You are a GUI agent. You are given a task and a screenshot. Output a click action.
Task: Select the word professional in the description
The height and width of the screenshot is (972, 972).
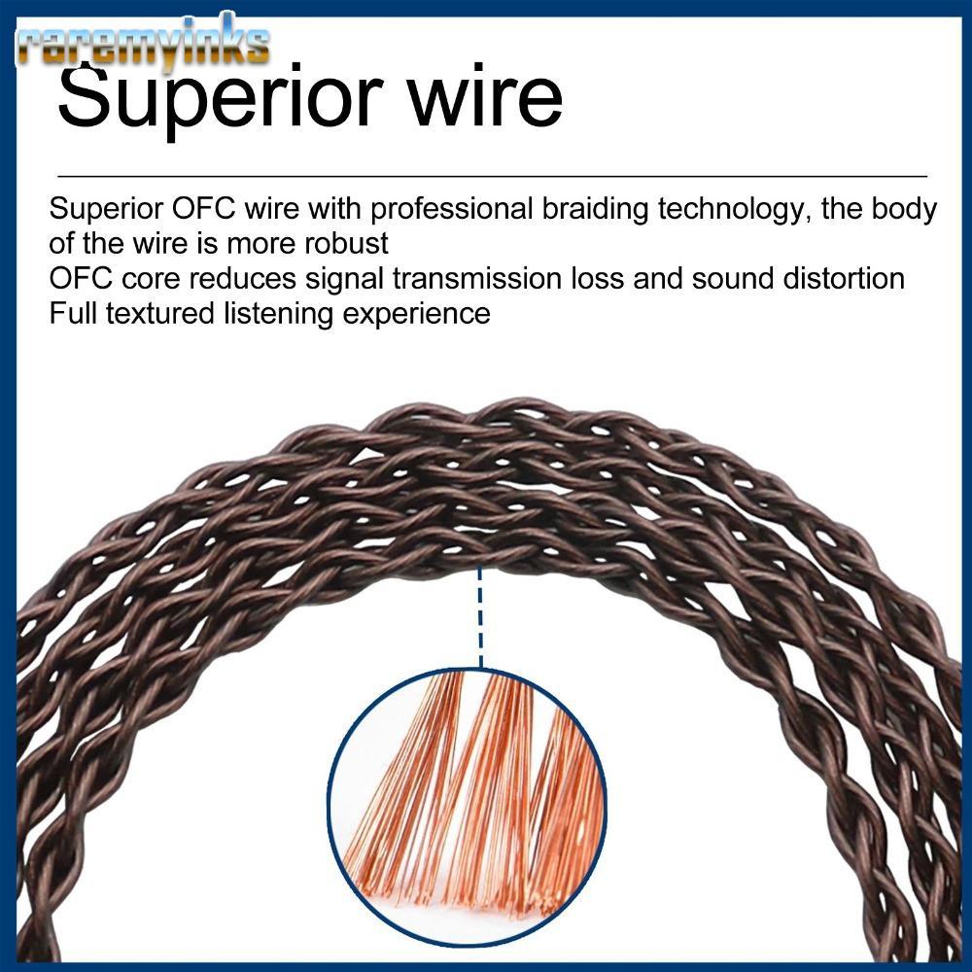click(451, 210)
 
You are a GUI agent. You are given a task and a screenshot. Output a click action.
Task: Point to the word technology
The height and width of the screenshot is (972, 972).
click(735, 210)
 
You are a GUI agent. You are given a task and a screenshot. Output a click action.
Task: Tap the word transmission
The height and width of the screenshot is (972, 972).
click(477, 278)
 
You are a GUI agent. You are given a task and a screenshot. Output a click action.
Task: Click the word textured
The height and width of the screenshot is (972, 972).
click(160, 313)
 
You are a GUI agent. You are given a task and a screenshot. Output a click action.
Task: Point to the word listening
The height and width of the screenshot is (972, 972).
click(279, 314)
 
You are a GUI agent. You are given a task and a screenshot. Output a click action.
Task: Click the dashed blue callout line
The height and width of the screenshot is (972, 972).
click(480, 617)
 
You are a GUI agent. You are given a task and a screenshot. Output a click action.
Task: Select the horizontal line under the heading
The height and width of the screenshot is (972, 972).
click(492, 176)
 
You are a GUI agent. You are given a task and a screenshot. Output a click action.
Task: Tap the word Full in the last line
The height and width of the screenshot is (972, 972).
click(73, 313)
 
